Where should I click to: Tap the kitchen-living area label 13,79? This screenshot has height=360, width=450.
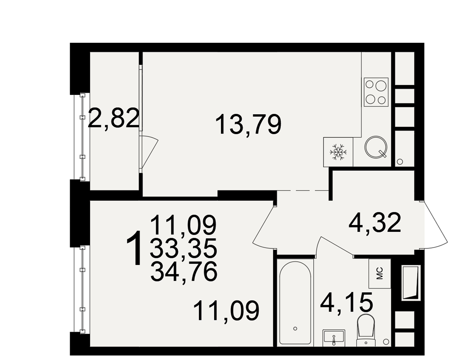click(248, 124)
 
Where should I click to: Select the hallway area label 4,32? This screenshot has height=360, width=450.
click(374, 223)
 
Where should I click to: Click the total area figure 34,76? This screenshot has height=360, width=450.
click(184, 272)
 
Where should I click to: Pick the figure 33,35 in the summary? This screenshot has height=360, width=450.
click(184, 248)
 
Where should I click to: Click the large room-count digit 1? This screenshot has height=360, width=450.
click(134, 247)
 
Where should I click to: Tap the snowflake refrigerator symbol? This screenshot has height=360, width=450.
click(338, 152)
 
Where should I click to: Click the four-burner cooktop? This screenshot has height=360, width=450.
click(376, 91)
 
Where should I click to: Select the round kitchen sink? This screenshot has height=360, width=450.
click(376, 147)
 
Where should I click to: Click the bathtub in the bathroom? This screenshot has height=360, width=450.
click(295, 303)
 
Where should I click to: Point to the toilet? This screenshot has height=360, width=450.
click(365, 330)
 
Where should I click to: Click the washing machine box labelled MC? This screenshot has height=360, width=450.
click(380, 273)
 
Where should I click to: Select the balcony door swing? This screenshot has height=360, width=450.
click(149, 152)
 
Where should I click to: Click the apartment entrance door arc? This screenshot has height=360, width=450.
click(434, 224)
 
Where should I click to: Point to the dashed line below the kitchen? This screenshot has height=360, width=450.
click(303, 190)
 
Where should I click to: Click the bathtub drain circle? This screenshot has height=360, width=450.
click(295, 328)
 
